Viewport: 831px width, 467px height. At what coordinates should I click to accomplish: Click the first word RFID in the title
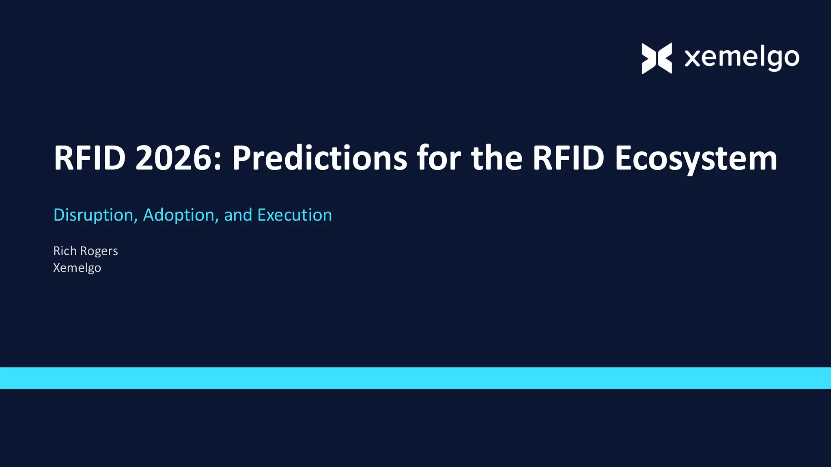90,158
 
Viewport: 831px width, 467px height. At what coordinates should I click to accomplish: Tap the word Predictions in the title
319,158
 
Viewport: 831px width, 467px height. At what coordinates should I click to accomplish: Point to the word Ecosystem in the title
696,158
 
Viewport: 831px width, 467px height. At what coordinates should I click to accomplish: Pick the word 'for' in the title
439,158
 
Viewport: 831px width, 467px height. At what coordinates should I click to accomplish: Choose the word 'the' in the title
497,158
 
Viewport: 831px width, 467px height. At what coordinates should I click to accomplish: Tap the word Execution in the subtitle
295,215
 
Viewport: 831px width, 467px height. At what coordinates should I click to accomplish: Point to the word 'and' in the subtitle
238,215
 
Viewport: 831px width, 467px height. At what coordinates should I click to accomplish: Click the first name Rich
65,251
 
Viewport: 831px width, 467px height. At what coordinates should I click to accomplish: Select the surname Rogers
99,251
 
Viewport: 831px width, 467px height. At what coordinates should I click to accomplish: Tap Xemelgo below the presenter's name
77,268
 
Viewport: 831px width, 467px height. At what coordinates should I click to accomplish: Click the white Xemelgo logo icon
657,58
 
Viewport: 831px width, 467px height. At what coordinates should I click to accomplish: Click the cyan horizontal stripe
415,378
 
